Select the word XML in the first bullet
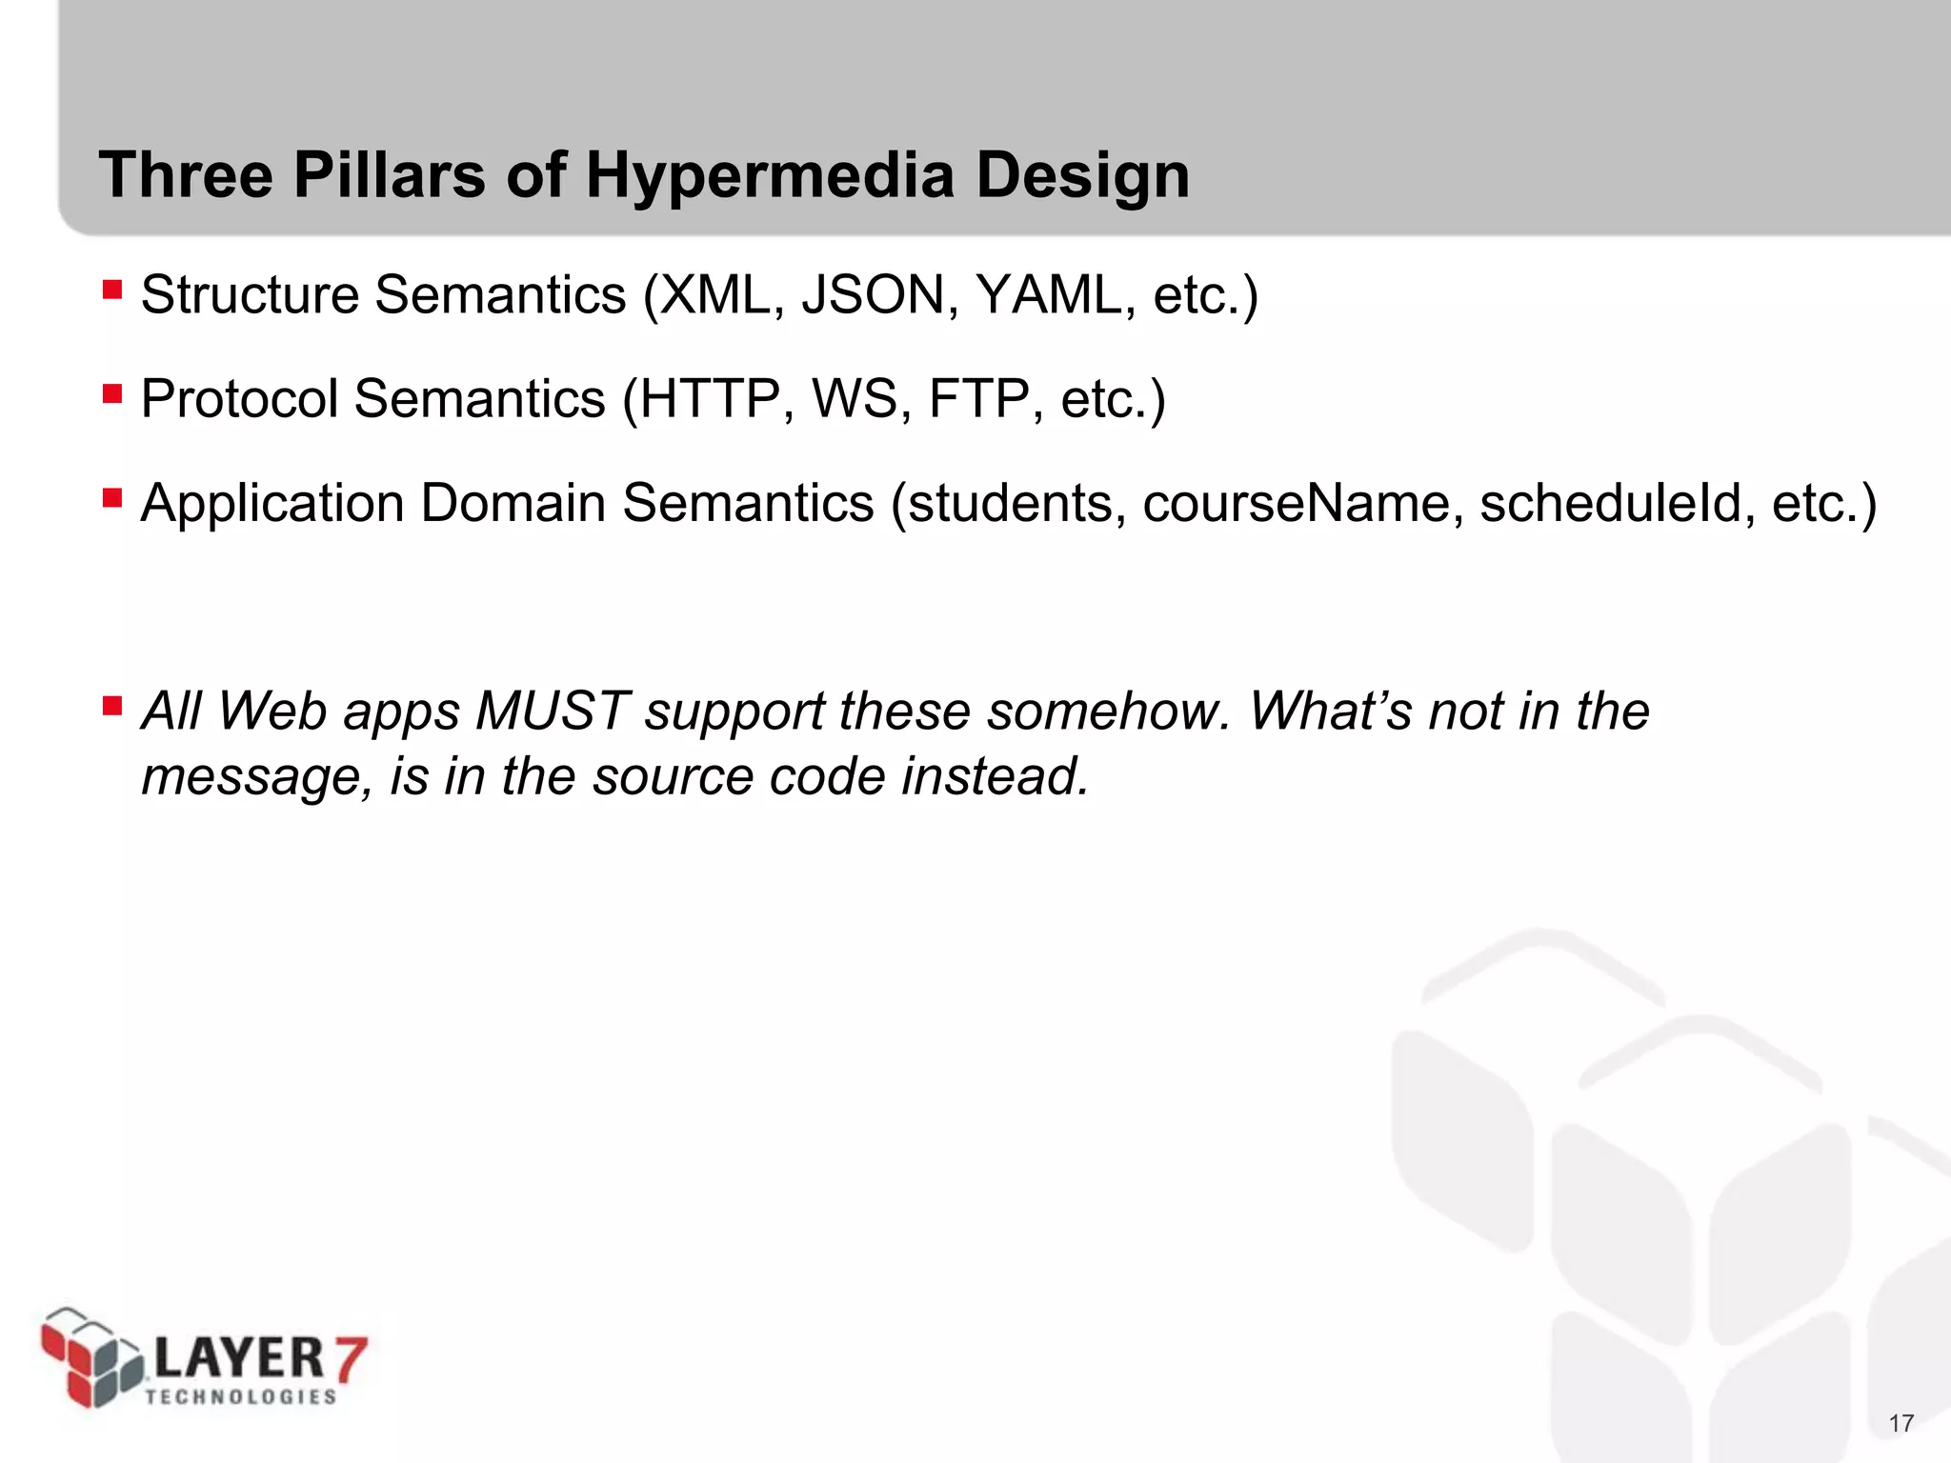click(714, 294)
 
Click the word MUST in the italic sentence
click(553, 711)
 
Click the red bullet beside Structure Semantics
click(112, 290)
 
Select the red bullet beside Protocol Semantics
click(112, 393)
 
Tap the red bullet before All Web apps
click(112, 706)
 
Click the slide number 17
click(1901, 1423)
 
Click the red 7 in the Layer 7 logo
click(347, 1358)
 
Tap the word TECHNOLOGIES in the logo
click(241, 1396)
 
